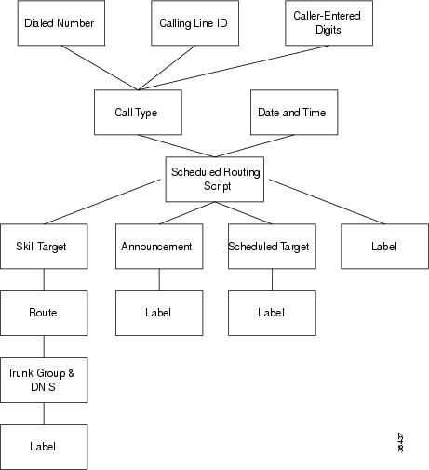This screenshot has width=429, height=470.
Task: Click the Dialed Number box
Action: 59,23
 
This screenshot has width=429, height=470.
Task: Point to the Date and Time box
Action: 292,113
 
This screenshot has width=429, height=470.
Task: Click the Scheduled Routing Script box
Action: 215,179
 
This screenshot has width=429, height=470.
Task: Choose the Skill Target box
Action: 43,247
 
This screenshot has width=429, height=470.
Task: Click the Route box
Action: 43,313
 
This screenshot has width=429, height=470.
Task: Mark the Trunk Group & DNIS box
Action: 43,379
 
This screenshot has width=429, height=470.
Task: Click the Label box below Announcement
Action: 158,313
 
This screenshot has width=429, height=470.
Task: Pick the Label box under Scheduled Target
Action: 271,313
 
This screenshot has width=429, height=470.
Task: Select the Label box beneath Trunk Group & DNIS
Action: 43,446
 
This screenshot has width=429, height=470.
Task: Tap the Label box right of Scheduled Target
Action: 384,247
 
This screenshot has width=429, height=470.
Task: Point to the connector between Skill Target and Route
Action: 43,279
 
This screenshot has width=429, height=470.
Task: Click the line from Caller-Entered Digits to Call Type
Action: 233,67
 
